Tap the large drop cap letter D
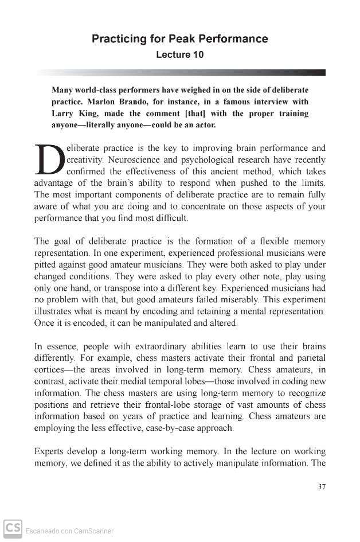click(50, 159)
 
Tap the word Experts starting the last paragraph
click(50, 451)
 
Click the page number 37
click(321, 487)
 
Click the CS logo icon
click(13, 528)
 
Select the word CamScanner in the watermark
click(93, 531)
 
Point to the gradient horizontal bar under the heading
click(180, 73)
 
